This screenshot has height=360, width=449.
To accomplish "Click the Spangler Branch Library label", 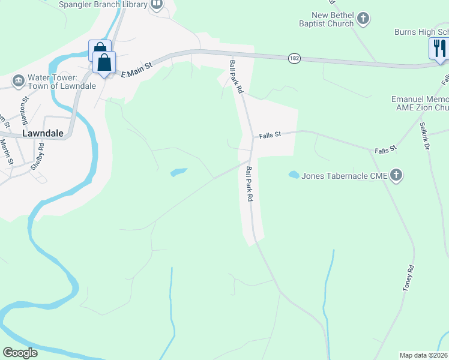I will [103, 5].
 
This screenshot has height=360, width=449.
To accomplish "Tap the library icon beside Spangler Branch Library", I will [157, 5].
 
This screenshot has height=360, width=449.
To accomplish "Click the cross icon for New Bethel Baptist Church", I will [363, 19].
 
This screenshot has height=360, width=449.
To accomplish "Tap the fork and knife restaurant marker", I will [439, 48].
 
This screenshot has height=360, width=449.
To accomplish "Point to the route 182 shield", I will [294, 58].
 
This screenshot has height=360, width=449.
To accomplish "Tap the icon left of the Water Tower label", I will [18, 80].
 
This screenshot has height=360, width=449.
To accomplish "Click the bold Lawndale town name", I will [43, 133].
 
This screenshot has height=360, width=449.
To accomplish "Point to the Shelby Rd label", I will [38, 156].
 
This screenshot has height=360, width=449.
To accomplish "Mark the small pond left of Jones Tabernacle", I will [294, 175].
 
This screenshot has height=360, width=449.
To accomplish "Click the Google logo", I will [20, 353].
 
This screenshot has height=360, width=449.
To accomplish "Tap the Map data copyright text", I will [424, 355].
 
